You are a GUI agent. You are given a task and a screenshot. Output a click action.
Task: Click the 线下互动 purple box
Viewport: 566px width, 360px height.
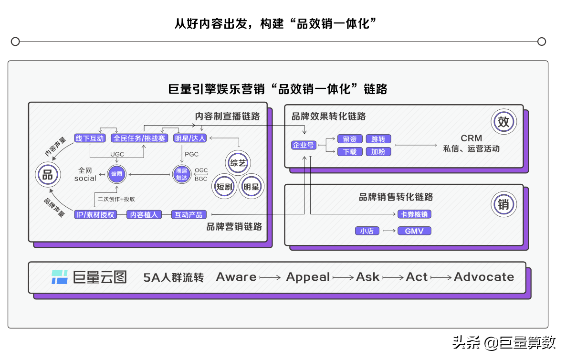click(x=90, y=138)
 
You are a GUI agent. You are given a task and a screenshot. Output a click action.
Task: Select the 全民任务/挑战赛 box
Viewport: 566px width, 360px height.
click(x=139, y=138)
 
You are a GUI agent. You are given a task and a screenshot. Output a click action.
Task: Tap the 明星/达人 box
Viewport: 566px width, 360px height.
click(x=190, y=138)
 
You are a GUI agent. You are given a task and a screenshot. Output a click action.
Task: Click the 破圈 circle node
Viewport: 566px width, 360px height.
click(x=116, y=174)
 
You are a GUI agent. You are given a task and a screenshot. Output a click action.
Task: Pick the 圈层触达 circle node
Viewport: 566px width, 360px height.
click(x=181, y=174)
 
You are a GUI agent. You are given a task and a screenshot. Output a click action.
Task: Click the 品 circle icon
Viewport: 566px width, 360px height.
click(x=48, y=175)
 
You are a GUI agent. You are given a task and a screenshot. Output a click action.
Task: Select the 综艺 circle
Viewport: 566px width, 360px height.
click(x=238, y=163)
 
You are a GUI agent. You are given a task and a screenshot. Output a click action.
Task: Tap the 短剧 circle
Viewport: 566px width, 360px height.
click(x=224, y=187)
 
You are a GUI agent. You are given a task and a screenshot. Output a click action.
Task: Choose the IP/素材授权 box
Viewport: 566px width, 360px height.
click(x=95, y=215)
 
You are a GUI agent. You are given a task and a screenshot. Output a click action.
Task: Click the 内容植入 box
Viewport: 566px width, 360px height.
click(x=144, y=215)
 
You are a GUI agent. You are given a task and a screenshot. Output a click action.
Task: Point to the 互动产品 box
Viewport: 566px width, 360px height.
click(x=189, y=215)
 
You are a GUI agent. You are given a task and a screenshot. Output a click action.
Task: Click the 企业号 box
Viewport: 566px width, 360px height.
click(x=304, y=145)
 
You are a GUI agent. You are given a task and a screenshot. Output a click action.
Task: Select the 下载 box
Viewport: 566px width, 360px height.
click(x=350, y=152)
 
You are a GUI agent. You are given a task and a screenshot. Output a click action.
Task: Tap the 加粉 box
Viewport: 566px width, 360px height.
click(x=378, y=152)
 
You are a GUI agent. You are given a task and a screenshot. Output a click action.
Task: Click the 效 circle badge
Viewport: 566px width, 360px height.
click(x=503, y=122)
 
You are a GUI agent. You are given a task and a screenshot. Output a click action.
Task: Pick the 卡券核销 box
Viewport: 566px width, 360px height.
click(x=414, y=214)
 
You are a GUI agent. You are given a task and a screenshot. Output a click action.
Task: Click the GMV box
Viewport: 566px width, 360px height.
click(x=414, y=231)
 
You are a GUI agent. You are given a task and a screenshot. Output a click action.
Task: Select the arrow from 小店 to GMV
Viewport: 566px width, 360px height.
click(x=389, y=231)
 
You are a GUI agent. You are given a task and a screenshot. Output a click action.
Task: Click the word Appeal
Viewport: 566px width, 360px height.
click(x=308, y=277)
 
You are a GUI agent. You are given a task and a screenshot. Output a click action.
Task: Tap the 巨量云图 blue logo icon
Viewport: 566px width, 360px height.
click(x=60, y=277)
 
